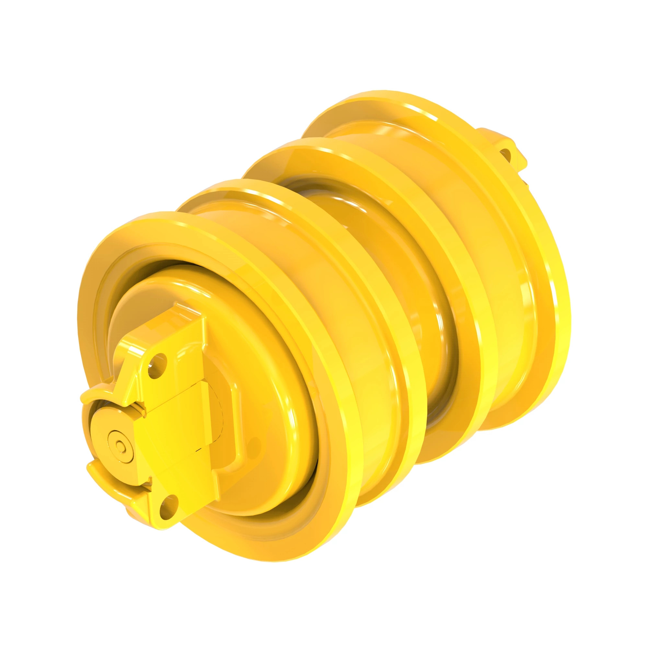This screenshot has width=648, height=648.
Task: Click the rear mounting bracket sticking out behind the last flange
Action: (x=503, y=147)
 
